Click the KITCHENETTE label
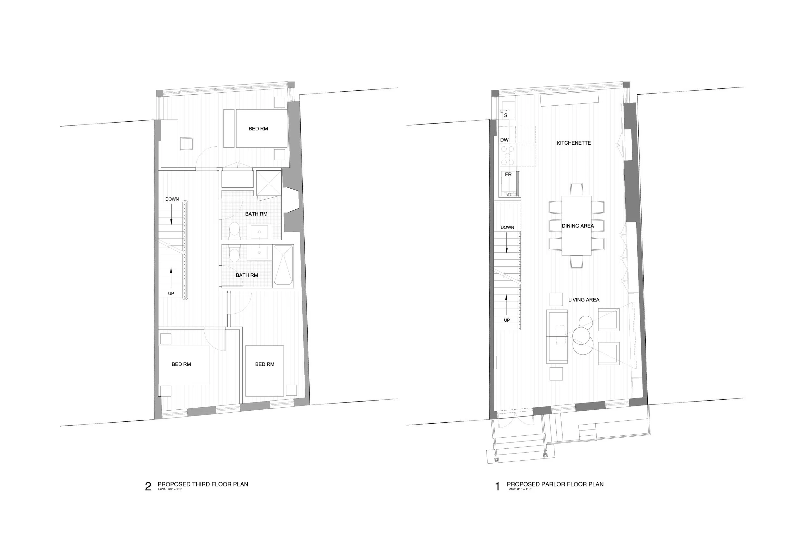click(x=574, y=143)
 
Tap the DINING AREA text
click(x=577, y=226)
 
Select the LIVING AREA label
click(x=583, y=300)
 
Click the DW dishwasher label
click(x=504, y=140)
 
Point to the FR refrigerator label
click(x=508, y=175)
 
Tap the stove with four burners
click(x=507, y=155)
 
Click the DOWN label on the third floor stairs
click(x=172, y=199)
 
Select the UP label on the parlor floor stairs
click(x=507, y=320)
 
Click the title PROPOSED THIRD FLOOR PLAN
click(x=203, y=484)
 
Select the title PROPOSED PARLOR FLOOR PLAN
click(x=555, y=484)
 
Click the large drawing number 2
click(x=148, y=487)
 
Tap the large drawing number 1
click(x=498, y=487)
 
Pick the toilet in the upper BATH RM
click(x=235, y=230)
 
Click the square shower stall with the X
click(x=269, y=182)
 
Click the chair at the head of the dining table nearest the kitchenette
click(x=576, y=190)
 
